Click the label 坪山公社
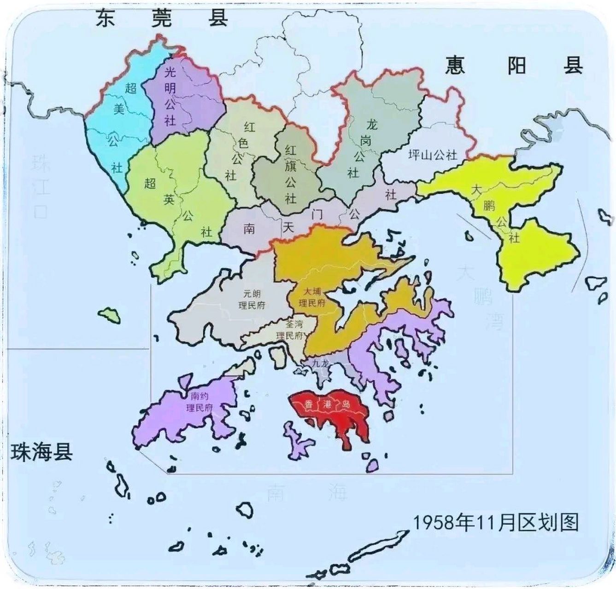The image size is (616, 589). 433,155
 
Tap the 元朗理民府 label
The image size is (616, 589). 252,299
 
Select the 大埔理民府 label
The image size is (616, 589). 312,297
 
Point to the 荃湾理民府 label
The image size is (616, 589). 291,330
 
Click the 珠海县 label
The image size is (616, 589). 41,451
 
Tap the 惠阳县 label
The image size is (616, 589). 514,66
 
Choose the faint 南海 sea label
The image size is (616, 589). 306,493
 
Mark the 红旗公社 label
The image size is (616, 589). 290,174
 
